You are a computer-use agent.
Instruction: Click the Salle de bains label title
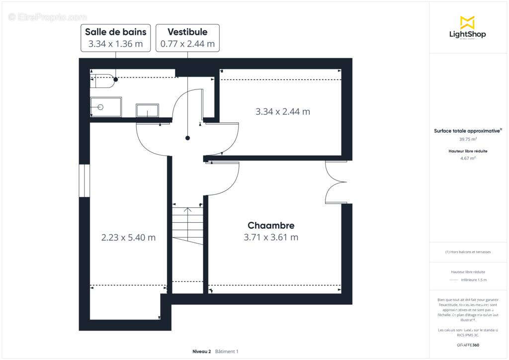tap(115, 32)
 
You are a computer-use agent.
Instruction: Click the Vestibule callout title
tap(187, 32)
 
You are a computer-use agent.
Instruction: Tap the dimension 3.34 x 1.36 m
tap(115, 44)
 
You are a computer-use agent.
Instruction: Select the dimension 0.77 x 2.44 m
tap(187, 44)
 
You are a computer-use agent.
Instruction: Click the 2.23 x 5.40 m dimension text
tap(128, 238)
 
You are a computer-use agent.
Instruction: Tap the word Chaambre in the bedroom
tap(271, 226)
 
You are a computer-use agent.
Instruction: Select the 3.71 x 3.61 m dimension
tap(271, 238)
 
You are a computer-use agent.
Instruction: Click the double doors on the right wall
tap(336, 182)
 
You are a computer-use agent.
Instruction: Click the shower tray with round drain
tap(105, 107)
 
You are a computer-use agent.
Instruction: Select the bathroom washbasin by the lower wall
tap(148, 110)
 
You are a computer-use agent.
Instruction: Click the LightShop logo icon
tap(467, 22)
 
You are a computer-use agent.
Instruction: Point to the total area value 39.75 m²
tap(467, 140)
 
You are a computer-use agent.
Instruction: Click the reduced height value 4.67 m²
tap(467, 158)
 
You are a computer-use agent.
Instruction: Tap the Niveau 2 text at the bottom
tap(201, 352)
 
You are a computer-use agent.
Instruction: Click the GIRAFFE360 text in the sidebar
tap(467, 345)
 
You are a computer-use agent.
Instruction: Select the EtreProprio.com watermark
tap(47, 17)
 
